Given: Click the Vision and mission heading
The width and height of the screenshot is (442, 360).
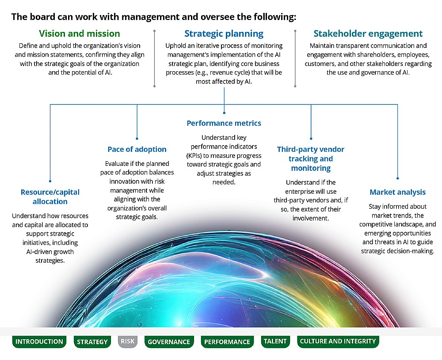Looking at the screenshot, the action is point(80,34).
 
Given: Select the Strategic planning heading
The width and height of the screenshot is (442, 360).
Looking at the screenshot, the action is point(224,34).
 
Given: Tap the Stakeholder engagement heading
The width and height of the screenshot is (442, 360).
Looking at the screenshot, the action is point(368,34).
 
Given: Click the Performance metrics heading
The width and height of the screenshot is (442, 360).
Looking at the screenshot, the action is point(224,123).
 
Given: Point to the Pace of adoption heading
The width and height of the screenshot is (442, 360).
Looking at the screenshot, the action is point(137,149).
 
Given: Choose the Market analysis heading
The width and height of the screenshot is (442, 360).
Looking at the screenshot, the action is point(397,192).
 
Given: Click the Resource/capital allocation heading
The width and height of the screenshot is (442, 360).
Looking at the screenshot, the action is point(50,197).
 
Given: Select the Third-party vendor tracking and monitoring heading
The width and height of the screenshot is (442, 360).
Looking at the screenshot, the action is point(311,159).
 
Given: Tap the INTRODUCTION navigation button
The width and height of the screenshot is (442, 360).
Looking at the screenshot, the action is point(39,342).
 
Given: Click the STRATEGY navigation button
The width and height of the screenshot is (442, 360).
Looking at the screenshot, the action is point(92,342).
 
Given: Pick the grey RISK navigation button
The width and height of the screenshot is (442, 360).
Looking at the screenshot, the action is point(128,341).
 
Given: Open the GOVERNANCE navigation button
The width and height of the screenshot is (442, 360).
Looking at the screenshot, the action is point(169,342).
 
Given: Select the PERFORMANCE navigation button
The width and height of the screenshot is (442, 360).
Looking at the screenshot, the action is point(227,342).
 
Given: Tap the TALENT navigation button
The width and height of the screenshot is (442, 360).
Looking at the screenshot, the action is point(275,341).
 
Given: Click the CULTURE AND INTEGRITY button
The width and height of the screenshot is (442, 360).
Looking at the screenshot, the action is point(338,341).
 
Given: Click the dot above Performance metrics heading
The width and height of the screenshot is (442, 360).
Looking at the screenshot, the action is point(224,113).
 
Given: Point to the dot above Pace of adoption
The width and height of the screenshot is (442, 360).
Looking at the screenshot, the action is point(137,138).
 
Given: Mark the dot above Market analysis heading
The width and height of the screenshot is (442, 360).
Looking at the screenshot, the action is point(397,178).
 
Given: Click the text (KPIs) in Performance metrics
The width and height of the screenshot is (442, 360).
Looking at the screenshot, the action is point(195,156).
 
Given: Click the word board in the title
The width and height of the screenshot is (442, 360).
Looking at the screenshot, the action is point(42,17).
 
